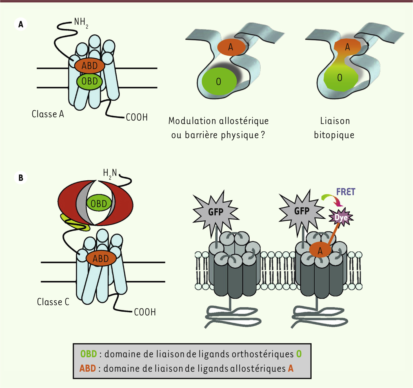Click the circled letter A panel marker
(x=21, y=24)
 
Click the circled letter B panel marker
(x=21, y=178)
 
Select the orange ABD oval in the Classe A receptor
(x=90, y=66)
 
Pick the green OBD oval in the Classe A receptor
(x=90, y=81)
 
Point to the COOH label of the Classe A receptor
(x=137, y=117)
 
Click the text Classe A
(x=48, y=114)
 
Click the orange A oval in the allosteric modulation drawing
(x=231, y=47)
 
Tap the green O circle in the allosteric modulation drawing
(x=219, y=81)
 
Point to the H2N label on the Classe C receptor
(x=110, y=174)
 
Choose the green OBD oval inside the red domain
(x=99, y=203)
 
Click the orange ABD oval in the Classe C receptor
(x=101, y=258)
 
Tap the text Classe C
(x=53, y=302)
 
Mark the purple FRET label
(x=346, y=192)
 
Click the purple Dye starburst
(x=341, y=218)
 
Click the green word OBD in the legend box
(x=88, y=354)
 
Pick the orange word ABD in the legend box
(x=88, y=369)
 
